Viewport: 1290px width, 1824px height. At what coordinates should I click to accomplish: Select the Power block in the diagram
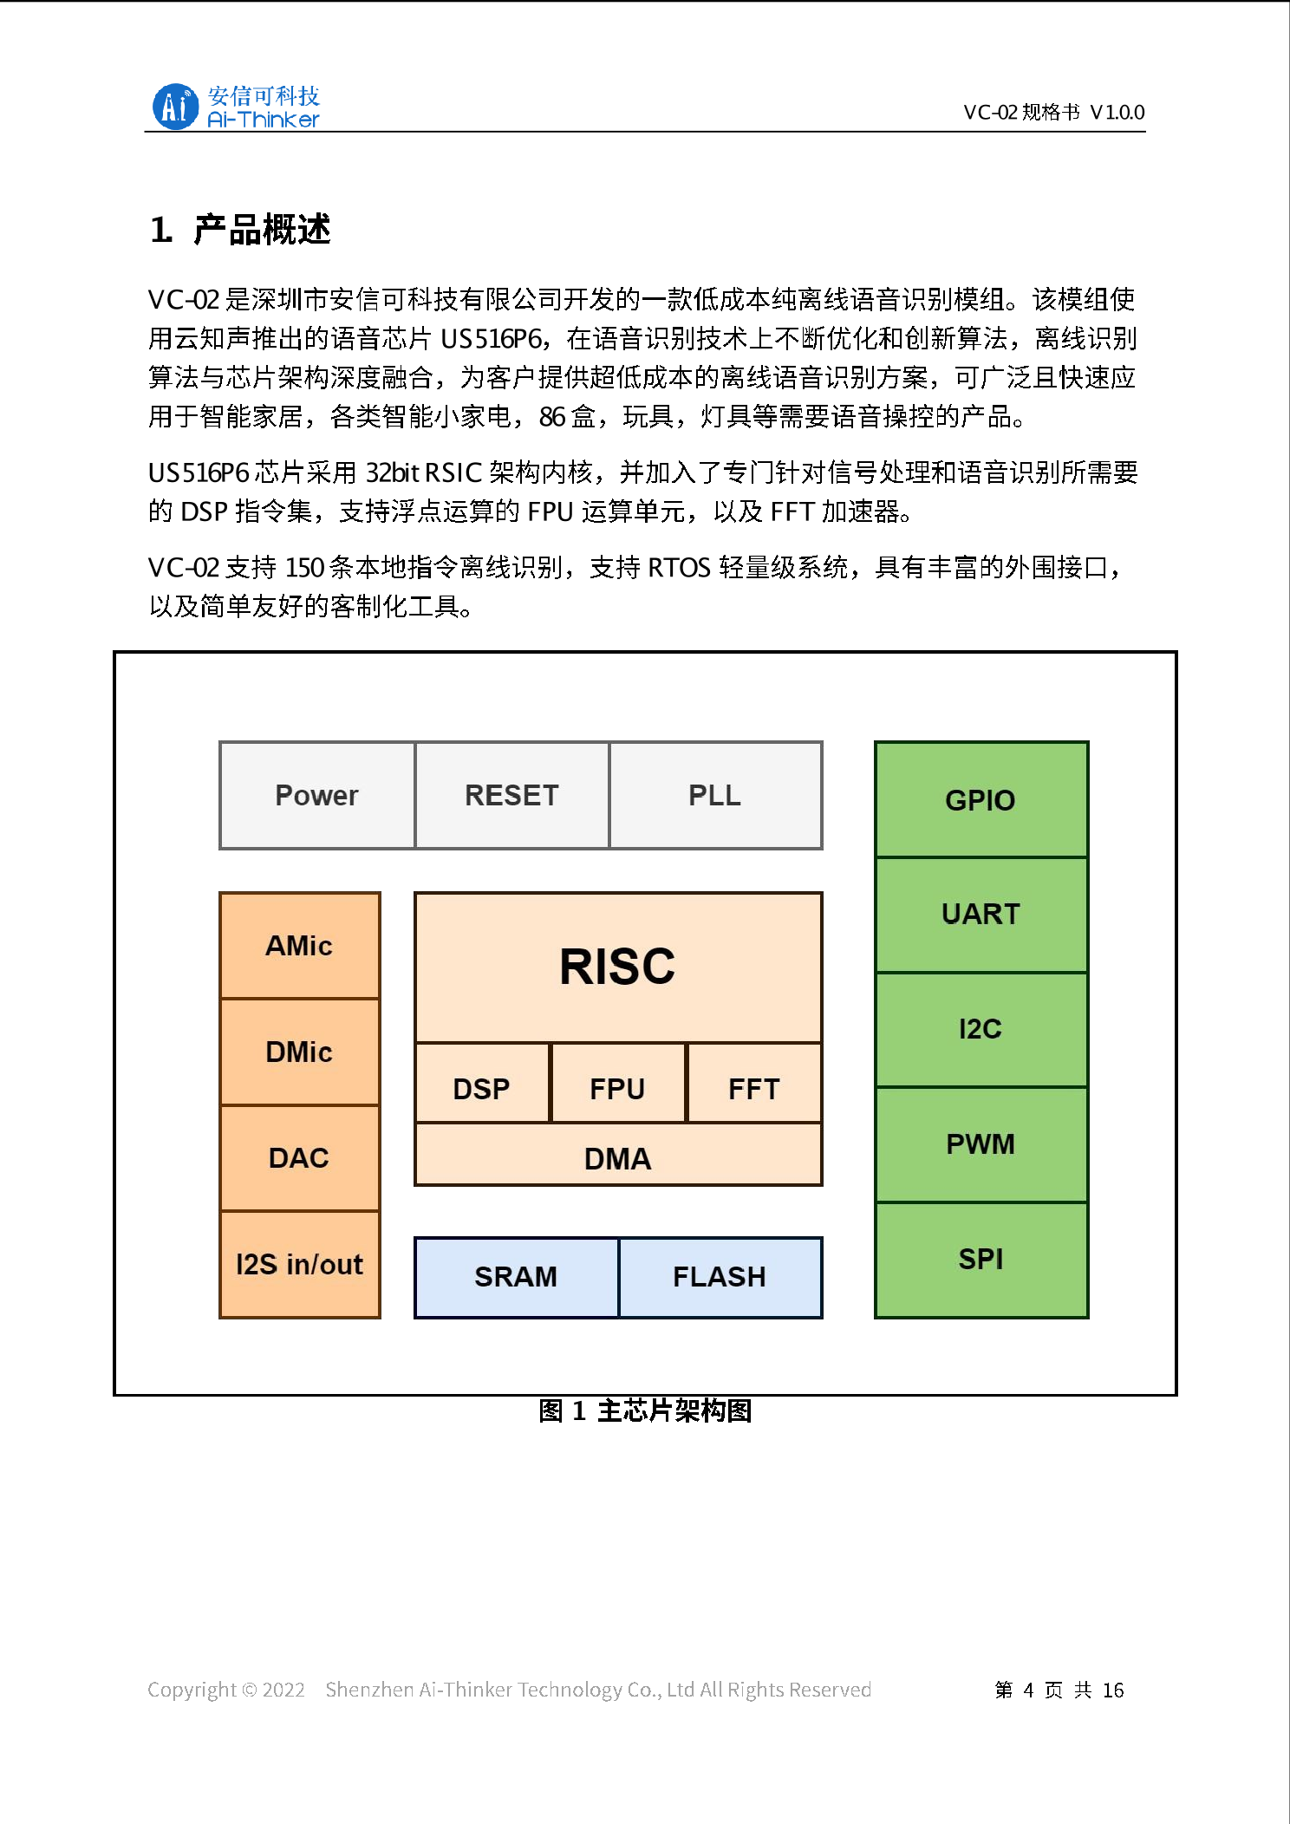(317, 795)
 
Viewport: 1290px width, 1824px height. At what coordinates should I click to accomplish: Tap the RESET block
(511, 795)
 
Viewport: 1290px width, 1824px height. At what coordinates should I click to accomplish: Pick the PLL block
(715, 795)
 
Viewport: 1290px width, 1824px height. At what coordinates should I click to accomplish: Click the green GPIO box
(981, 799)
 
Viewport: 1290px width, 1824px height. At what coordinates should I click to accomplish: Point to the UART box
(981, 915)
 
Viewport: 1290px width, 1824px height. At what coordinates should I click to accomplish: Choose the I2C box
(981, 1029)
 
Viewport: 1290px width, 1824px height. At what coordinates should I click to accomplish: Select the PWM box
(981, 1144)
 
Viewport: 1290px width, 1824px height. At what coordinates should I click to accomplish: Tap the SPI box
(981, 1259)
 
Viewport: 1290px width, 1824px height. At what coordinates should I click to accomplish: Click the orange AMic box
(299, 946)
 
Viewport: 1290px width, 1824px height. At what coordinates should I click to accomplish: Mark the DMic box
(299, 1052)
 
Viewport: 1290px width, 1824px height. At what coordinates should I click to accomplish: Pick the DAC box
(299, 1158)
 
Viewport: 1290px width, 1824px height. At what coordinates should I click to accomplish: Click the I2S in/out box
(299, 1264)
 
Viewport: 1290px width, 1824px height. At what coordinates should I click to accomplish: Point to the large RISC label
(617, 967)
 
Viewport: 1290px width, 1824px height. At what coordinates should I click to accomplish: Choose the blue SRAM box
(516, 1277)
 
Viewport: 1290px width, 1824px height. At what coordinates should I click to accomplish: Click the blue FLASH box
(720, 1277)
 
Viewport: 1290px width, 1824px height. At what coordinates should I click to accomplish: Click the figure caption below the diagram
(645, 1410)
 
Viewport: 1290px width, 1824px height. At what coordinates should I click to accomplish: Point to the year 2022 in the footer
(283, 1690)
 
